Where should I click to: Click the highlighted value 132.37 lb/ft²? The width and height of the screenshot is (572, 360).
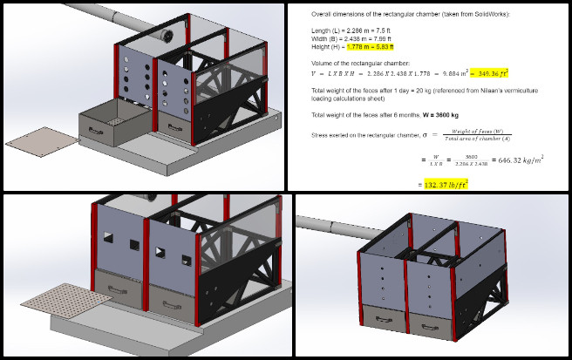[x=446, y=184]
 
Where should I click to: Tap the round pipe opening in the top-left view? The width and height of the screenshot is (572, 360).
[x=162, y=35]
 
